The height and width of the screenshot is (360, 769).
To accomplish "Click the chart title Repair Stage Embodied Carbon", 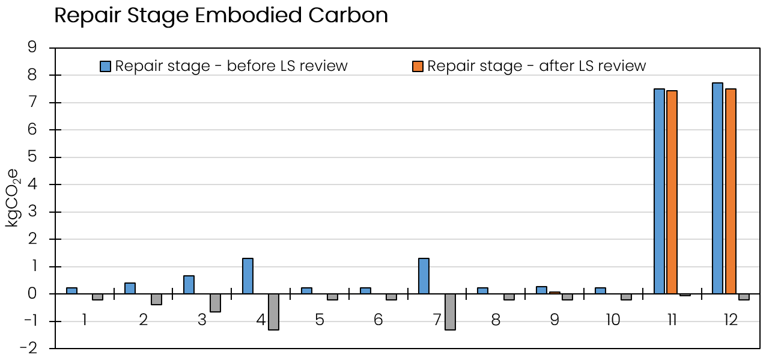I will (221, 16).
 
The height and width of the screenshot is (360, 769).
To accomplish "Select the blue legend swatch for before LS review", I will (106, 66).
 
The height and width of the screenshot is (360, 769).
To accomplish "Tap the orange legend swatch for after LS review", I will (418, 66).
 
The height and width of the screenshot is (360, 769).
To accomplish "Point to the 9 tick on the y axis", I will (32, 48).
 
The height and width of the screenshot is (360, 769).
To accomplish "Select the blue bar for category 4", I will (248, 276).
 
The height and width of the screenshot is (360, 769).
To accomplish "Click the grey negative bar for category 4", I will (273, 312).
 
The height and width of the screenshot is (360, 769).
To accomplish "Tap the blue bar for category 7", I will (424, 276).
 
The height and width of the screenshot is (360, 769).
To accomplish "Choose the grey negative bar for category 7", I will (450, 312).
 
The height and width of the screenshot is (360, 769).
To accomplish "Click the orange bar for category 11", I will (672, 192).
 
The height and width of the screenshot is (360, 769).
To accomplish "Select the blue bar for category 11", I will (659, 191).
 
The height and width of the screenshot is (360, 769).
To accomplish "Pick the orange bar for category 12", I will (731, 191).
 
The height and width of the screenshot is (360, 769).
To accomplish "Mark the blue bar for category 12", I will (717, 188).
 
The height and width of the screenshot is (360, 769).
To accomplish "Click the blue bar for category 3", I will (189, 285).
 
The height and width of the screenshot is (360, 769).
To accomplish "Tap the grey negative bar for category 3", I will (215, 303).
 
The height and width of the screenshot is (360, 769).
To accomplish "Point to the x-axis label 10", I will (613, 320).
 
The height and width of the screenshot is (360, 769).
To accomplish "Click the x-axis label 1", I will (84, 320).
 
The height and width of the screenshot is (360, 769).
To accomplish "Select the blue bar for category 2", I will (130, 288).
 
